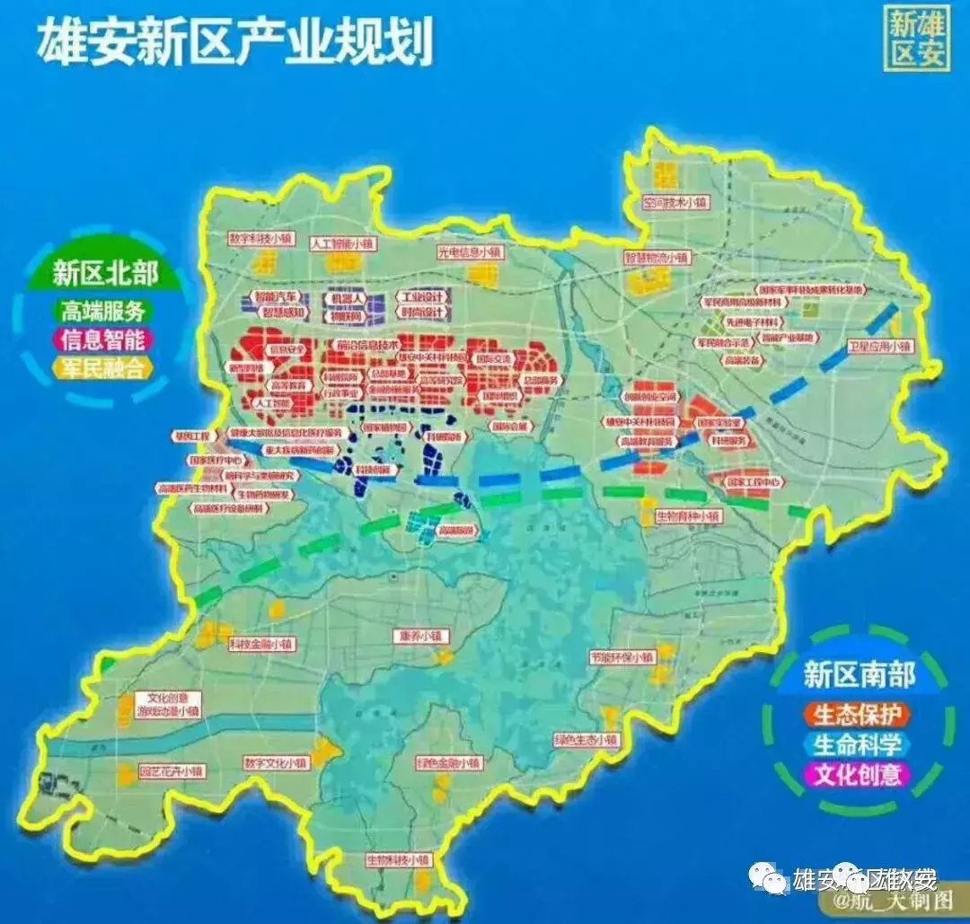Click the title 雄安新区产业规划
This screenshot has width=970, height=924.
[x=234, y=43]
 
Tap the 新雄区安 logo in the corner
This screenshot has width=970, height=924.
[x=917, y=39]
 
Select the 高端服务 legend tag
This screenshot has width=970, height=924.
[x=102, y=311]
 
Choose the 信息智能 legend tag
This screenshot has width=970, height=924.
[x=102, y=339]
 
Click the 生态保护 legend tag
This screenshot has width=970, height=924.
[x=857, y=715]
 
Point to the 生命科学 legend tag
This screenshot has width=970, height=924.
[x=857, y=744]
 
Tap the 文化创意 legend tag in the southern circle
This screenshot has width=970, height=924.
[x=857, y=773]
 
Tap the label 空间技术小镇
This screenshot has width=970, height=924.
[x=675, y=203]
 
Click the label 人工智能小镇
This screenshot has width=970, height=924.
[x=343, y=243]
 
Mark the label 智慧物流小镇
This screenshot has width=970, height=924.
[x=658, y=258]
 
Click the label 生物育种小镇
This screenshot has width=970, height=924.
[x=688, y=516]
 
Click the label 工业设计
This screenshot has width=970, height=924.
[x=422, y=297]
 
